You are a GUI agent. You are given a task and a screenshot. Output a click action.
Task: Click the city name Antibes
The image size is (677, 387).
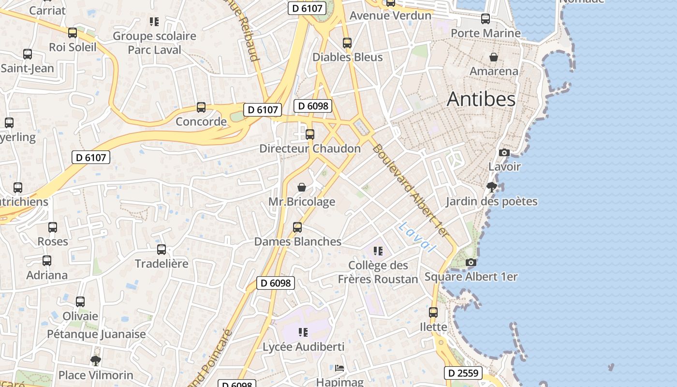[481, 99]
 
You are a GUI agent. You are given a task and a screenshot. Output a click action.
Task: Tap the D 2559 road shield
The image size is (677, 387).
[463, 373]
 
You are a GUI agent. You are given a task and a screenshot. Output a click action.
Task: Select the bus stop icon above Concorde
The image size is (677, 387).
[201, 107]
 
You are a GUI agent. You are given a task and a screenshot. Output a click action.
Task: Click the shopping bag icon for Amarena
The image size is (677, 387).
[494, 57]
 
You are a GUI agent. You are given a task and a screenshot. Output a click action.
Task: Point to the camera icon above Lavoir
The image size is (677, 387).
[504, 152]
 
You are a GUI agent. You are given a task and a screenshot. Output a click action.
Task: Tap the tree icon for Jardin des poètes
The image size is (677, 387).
[492, 187]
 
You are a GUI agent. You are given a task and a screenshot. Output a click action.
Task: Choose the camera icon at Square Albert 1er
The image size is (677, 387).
[471, 262]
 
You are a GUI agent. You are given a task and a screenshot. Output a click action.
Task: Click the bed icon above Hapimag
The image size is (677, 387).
[339, 368]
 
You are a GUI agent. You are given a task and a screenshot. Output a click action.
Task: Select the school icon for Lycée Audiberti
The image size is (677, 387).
[303, 332]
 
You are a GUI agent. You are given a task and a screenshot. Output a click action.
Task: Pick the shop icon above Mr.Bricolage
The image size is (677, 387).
[302, 187]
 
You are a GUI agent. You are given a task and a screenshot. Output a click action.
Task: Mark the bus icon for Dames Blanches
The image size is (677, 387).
[297, 227]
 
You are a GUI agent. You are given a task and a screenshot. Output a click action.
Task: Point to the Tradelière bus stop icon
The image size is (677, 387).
[162, 250]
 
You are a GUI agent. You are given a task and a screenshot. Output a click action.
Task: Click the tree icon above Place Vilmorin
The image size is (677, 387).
[96, 360]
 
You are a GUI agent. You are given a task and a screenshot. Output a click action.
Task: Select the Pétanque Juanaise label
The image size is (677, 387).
[96, 334]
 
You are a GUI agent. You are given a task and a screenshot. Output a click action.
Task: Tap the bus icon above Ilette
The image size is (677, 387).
[433, 313]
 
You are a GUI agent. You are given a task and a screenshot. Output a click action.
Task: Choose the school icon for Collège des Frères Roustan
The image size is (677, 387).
[378, 251]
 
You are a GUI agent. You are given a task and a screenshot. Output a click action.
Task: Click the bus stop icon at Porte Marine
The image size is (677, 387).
[486, 19]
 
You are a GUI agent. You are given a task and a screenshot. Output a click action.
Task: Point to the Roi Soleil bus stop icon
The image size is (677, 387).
[73, 33]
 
